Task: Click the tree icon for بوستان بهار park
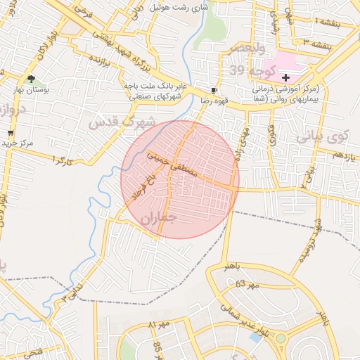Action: point(30,79)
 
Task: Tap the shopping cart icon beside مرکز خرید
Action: point(11,133)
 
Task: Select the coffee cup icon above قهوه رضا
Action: point(214,91)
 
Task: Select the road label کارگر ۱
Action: point(63,161)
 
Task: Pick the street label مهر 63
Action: point(248,285)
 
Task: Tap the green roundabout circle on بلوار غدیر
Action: point(281,339)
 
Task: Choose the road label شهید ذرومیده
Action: point(310,243)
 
